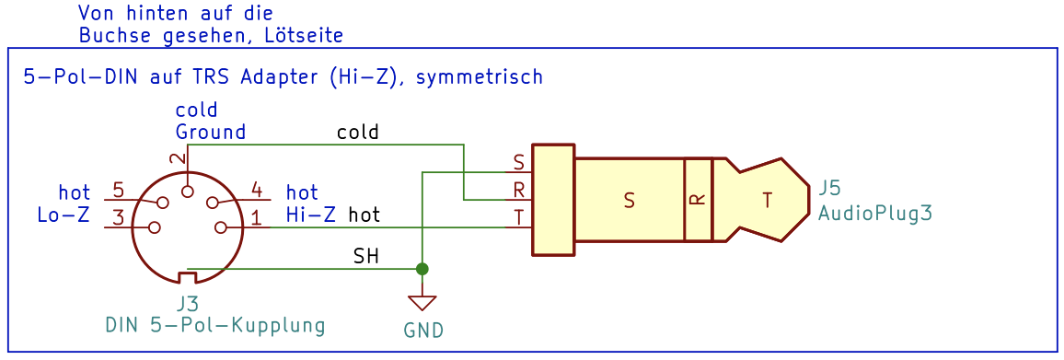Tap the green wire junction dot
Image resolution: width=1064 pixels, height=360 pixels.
[422, 269]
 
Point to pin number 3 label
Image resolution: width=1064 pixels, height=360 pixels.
[118, 218]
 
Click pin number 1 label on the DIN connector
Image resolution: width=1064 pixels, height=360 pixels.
[257, 218]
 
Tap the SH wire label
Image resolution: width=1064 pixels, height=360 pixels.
[365, 258]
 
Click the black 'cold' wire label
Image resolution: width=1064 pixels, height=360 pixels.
[358, 132]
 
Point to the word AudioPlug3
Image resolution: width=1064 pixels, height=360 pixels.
[874, 213]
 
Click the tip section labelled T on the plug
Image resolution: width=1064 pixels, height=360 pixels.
[767, 201]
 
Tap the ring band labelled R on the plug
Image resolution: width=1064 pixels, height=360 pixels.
[698, 200]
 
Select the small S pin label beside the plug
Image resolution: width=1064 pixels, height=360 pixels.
[519, 163]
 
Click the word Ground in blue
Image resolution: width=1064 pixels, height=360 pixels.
[211, 131]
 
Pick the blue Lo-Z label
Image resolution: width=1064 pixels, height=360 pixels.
[64, 216]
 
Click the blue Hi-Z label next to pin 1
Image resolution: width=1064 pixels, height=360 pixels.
[311, 215]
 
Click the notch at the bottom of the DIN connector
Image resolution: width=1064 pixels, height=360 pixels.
[187, 277]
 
